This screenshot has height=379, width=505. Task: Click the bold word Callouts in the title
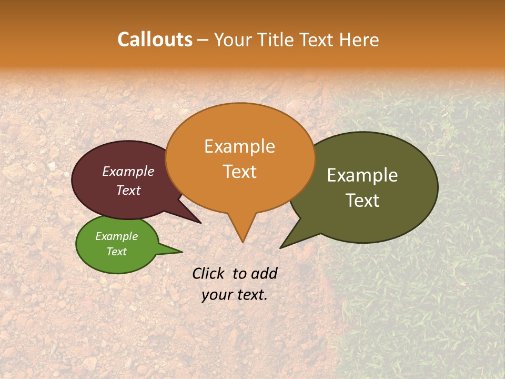click(x=155, y=39)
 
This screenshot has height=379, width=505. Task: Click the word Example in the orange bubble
click(x=239, y=146)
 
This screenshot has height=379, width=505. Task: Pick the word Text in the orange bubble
click(x=239, y=172)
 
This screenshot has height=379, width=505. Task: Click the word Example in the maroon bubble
click(x=128, y=171)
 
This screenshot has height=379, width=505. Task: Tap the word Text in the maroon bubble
click(x=128, y=190)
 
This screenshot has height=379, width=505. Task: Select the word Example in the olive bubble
click(x=362, y=175)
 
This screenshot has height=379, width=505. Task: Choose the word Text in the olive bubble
click(x=362, y=201)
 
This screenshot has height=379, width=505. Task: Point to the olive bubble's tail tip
click(x=281, y=247)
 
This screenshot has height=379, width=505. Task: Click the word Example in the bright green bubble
click(x=116, y=236)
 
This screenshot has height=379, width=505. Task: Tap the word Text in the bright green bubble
click(x=116, y=252)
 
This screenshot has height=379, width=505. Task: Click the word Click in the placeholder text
click(x=209, y=273)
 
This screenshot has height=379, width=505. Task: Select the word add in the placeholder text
click(x=264, y=273)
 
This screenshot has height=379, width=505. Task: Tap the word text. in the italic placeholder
click(x=251, y=295)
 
